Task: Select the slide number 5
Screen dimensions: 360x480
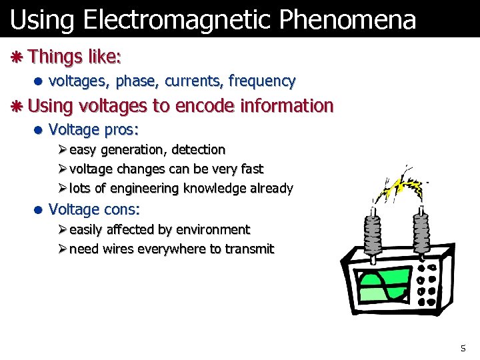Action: tap(463, 348)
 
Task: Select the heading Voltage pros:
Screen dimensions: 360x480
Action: tap(89, 129)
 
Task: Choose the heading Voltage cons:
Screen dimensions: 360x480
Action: tap(94, 209)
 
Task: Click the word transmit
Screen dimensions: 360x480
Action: tap(249, 249)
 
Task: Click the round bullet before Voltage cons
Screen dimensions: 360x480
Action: tap(39, 210)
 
